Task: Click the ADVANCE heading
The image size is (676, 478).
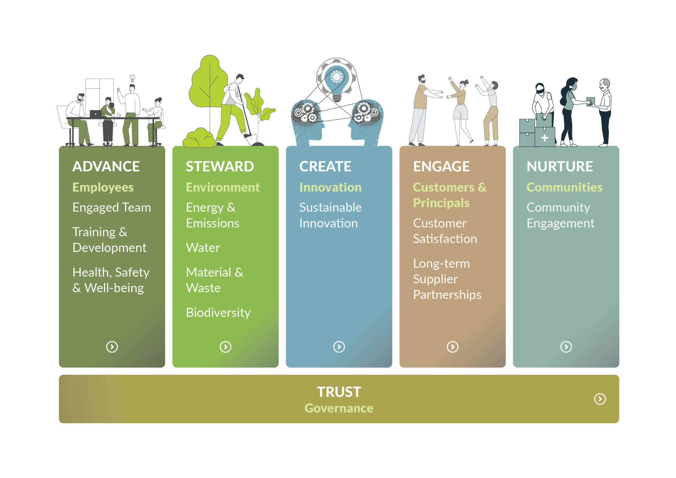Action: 106,166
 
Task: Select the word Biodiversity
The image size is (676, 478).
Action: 218,312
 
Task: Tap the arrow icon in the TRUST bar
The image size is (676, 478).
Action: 600,399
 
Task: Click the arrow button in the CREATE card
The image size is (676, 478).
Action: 339,347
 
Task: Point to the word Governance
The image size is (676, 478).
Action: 339,409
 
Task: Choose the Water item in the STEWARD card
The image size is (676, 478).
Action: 203,248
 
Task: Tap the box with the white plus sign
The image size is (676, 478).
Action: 545,137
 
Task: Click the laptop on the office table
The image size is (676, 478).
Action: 96,114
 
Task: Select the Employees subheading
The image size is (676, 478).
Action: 103,188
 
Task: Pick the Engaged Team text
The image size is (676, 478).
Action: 112,208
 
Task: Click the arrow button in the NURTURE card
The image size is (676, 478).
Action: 566,347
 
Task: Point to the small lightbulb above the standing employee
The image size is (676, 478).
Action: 133,78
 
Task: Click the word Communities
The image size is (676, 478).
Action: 564,187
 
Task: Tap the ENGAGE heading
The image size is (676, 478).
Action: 441,166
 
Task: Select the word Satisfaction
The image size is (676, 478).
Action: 445,239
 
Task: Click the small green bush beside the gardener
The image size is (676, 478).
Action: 200,138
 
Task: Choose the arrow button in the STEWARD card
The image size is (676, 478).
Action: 226,347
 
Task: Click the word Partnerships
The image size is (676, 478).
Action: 447,295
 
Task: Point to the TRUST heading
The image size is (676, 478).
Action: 339,392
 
